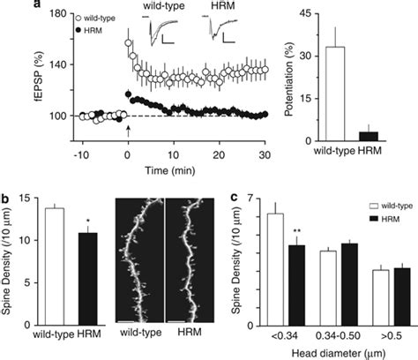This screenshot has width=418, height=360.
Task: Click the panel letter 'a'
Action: coord(7,6)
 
